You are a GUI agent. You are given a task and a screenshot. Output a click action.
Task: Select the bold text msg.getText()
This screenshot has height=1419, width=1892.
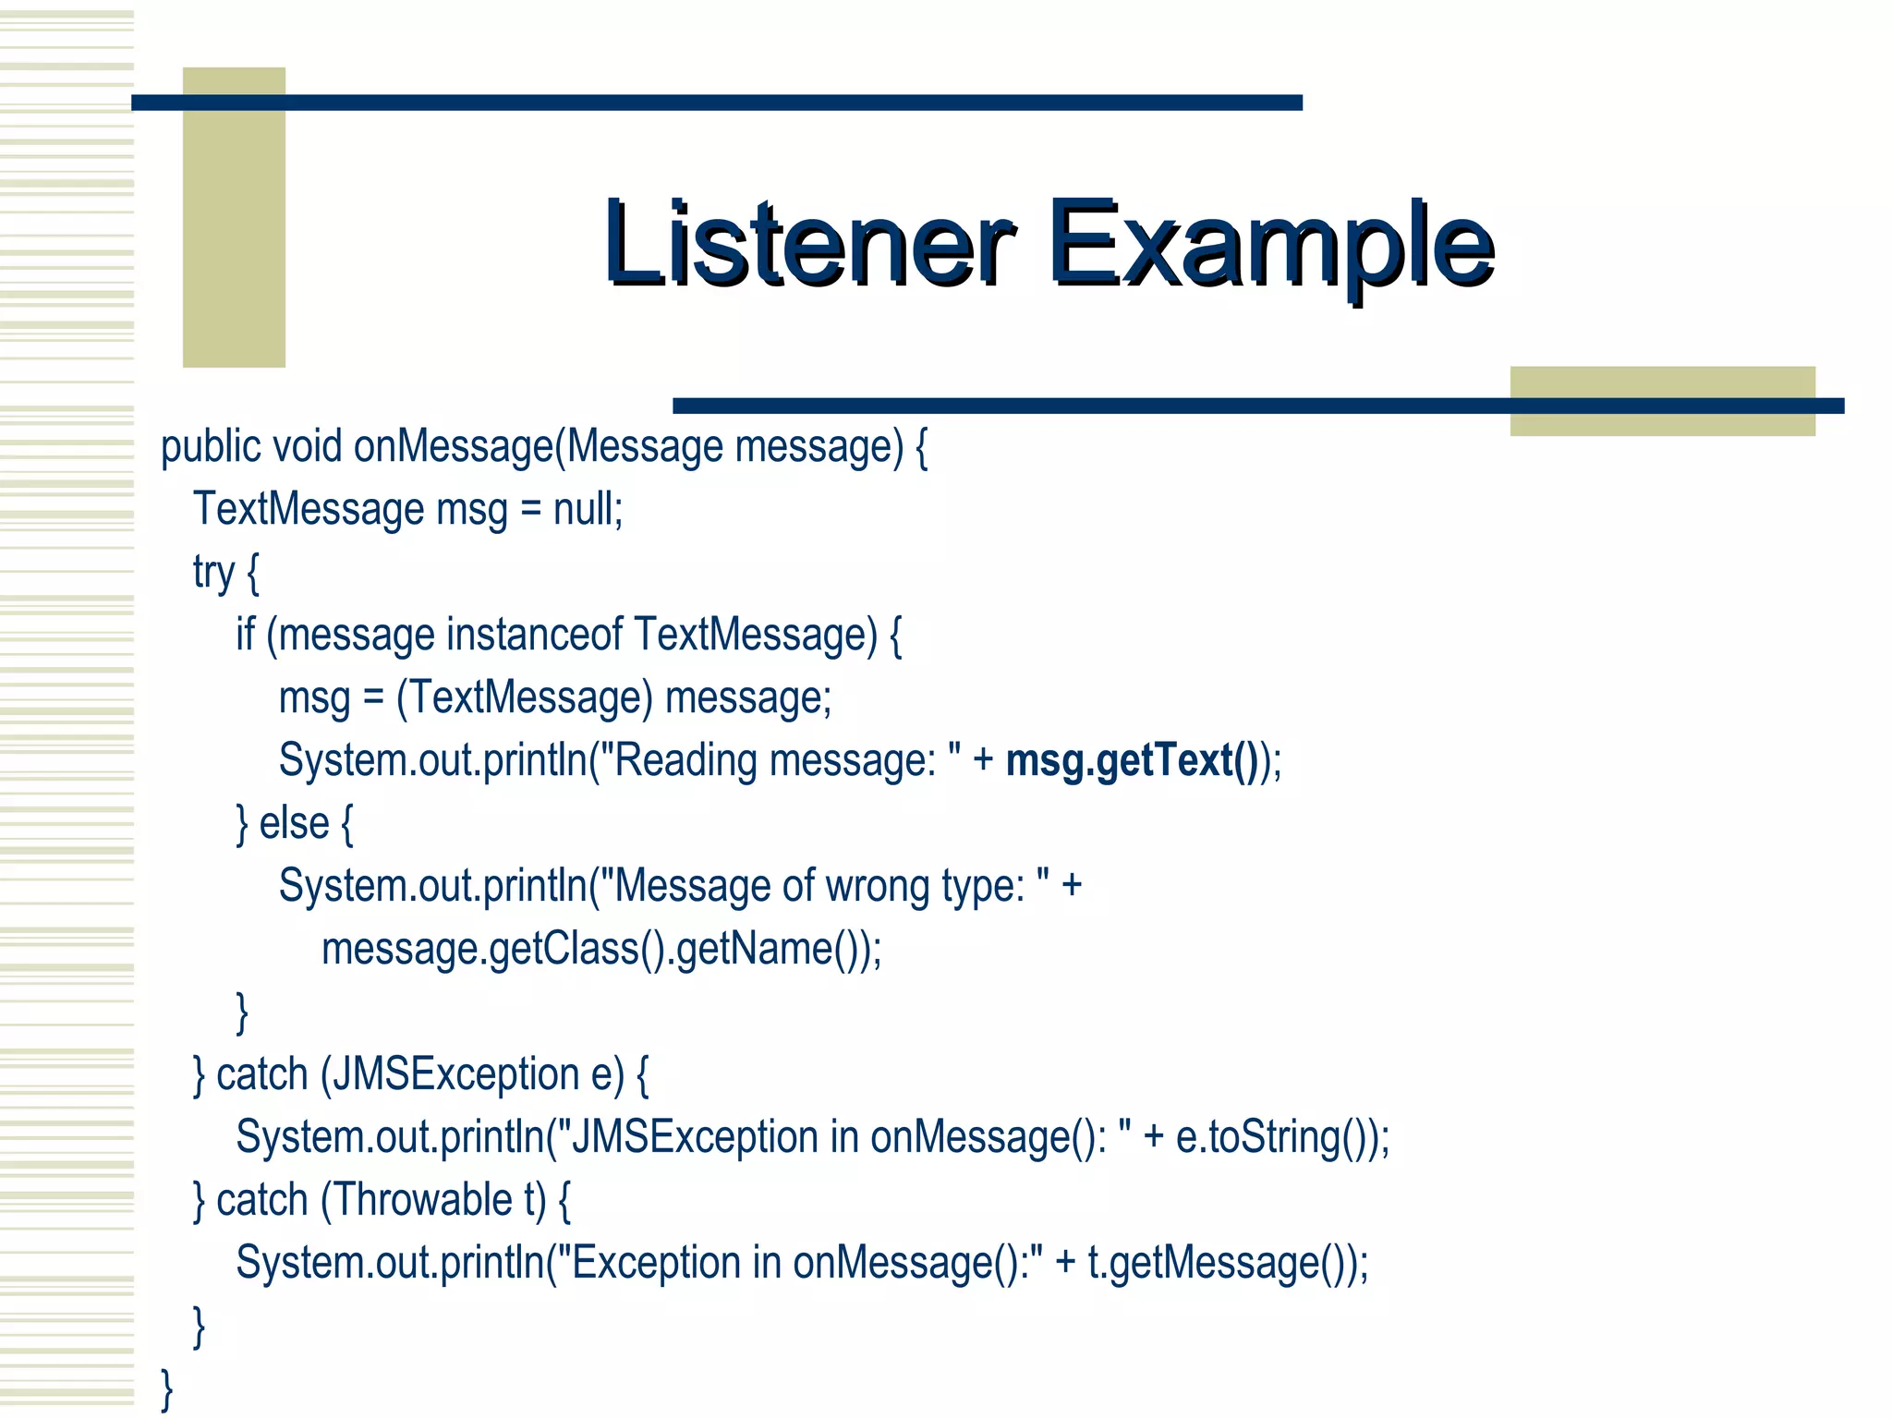[1131, 760]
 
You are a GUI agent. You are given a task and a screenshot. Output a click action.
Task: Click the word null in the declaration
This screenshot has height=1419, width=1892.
[587, 509]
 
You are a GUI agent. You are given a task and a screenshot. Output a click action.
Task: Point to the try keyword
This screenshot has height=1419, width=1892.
[213, 572]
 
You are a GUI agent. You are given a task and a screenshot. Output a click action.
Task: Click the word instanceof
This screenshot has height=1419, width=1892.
[535, 635]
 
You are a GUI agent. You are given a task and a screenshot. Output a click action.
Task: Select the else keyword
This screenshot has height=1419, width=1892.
[294, 823]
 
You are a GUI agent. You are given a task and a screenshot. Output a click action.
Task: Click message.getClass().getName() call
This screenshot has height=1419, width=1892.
[600, 949]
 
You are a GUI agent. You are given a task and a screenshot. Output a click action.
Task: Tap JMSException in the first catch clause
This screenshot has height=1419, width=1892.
[455, 1074]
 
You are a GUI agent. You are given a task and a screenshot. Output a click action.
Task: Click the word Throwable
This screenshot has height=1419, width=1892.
[421, 1200]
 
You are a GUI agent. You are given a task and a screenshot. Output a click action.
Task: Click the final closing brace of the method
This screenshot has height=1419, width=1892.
[167, 1389]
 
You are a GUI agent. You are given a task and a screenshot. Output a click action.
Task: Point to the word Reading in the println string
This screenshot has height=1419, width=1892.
[685, 760]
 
